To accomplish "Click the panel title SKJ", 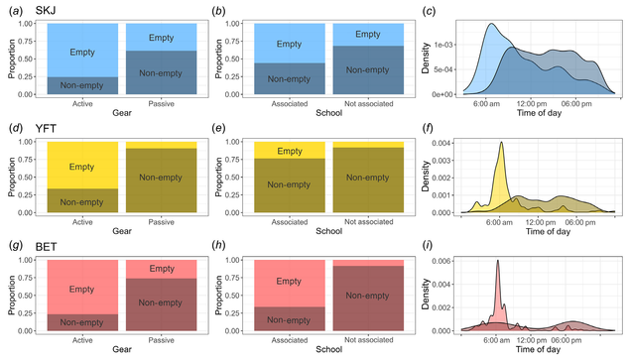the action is [x=46, y=11].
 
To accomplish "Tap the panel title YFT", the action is [x=46, y=128].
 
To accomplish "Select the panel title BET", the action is [x=46, y=247].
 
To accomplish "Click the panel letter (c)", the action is [x=429, y=11].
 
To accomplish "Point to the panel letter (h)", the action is [x=218, y=246].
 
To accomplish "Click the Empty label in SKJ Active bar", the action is [x=82, y=53].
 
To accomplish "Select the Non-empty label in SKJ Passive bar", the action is [x=161, y=73].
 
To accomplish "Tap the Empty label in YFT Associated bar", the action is [x=290, y=151].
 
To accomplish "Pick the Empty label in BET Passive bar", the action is [x=162, y=269].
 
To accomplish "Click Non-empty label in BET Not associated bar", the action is [x=367, y=296].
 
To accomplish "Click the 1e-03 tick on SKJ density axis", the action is [x=442, y=45].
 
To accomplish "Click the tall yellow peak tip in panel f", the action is [x=501, y=142].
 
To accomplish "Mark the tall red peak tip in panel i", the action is [x=498, y=260].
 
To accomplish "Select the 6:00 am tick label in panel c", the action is [x=486, y=104].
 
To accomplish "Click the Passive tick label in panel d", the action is [x=162, y=222].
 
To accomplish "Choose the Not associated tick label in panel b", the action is [x=369, y=104].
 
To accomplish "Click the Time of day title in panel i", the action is [x=538, y=349].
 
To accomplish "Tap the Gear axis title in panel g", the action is [x=122, y=349].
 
